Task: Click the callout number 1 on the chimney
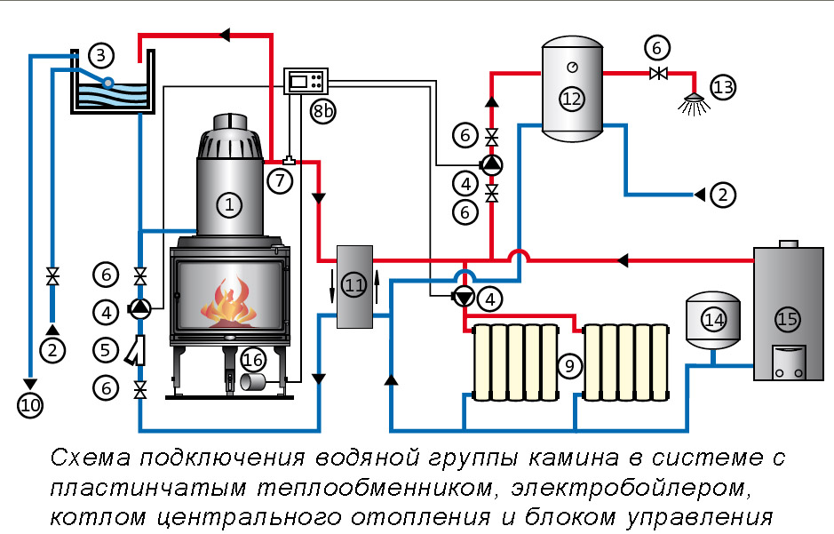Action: point(228,206)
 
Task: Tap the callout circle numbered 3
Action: point(101,56)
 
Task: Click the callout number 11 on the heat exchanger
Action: point(354,285)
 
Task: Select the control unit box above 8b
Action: point(306,82)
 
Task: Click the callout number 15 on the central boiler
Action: point(786,318)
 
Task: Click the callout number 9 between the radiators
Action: point(569,364)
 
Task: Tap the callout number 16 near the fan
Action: point(253,359)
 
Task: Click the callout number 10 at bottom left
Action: point(30,405)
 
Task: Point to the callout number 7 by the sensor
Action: point(279,181)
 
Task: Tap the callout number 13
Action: point(723,87)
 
